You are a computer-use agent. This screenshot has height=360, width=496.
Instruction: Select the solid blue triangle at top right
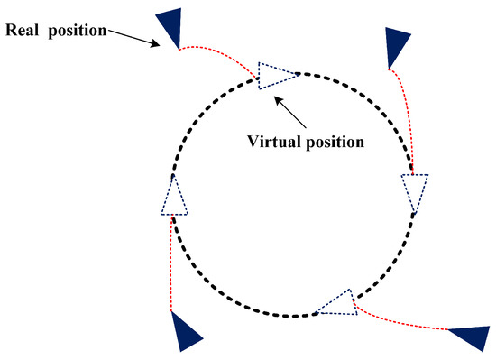point(397,45)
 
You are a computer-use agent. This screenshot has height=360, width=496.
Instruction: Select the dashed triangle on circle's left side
point(174,197)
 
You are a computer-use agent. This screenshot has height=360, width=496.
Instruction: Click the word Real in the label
point(25,30)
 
